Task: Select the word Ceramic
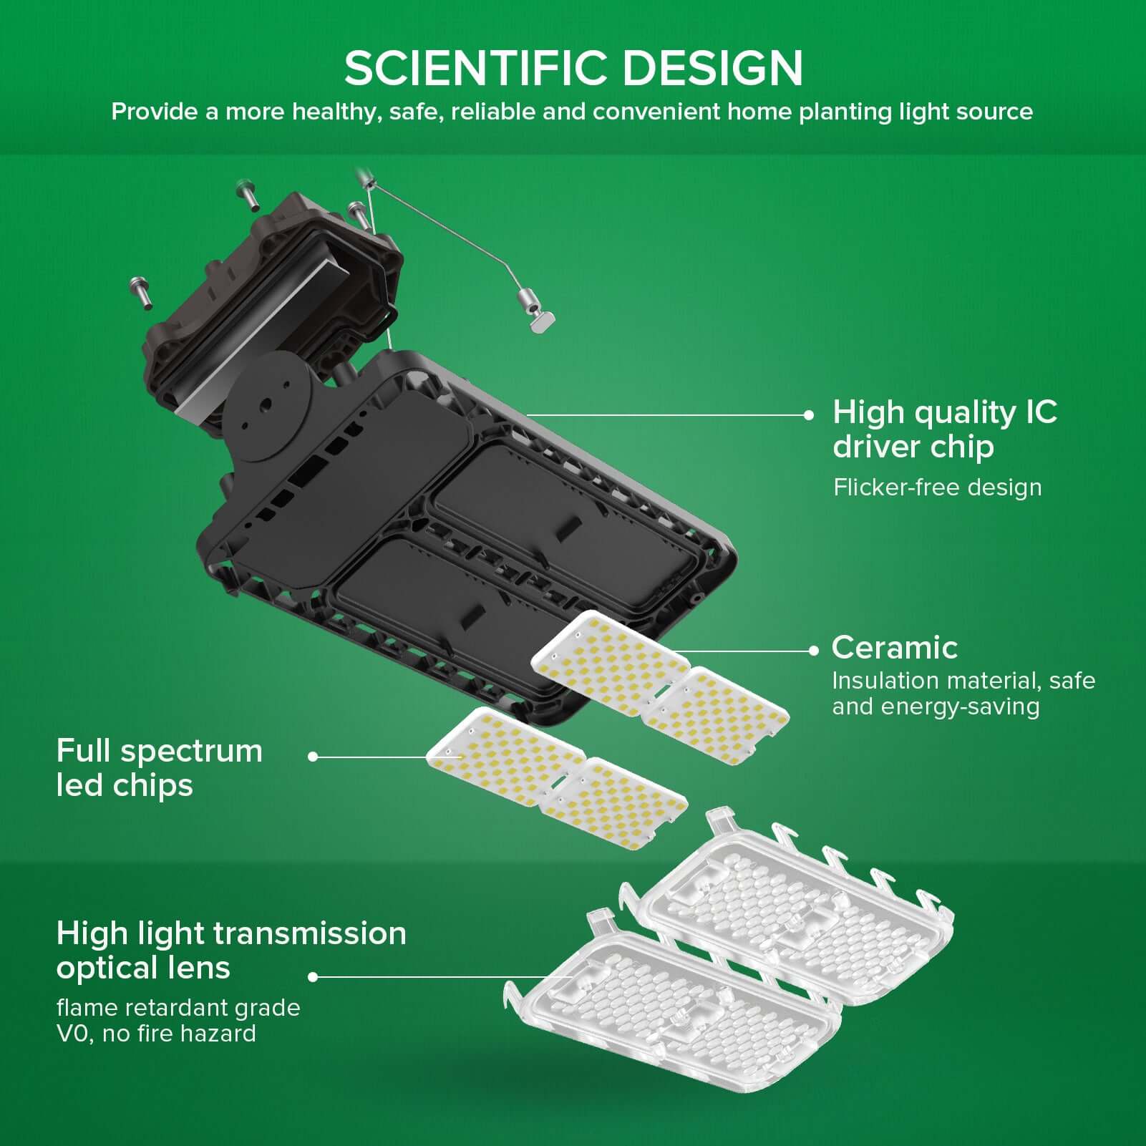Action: (x=894, y=648)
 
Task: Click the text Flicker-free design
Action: (x=937, y=487)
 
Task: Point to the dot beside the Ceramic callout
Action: (x=813, y=651)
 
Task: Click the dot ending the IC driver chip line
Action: (x=809, y=414)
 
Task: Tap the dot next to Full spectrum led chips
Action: (x=313, y=756)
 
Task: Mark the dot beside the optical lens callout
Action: (x=313, y=976)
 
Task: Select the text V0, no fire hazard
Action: (x=156, y=1034)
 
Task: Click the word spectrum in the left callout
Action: (x=192, y=752)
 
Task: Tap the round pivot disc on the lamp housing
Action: (x=266, y=407)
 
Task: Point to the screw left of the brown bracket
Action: (x=140, y=291)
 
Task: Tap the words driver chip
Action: (x=913, y=447)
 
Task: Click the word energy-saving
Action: (x=960, y=706)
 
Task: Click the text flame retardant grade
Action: (x=178, y=1008)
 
